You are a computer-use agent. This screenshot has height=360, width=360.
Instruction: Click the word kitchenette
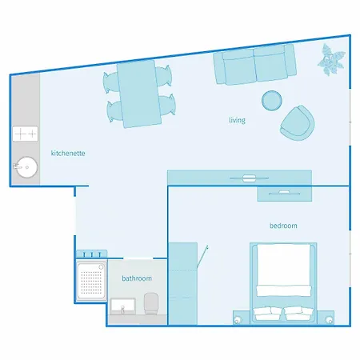[x=68, y=154]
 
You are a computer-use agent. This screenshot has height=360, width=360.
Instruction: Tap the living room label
[x=237, y=120]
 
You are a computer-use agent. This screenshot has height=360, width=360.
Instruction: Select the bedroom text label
[x=283, y=226]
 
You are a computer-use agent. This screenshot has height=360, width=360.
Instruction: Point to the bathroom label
[x=137, y=278]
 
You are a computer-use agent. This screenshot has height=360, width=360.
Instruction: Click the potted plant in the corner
[x=330, y=60]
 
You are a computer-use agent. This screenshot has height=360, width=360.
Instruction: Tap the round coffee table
[x=272, y=100]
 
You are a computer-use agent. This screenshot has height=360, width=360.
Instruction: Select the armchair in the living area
[x=298, y=123]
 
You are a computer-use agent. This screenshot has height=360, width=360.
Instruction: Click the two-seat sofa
[x=254, y=65]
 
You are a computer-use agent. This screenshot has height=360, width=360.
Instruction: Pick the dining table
[x=139, y=94]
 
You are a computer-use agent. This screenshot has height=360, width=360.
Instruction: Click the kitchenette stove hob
[x=26, y=134]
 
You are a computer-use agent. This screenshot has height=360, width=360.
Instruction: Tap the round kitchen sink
[x=26, y=167]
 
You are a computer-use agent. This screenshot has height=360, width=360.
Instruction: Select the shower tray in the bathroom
[x=91, y=282]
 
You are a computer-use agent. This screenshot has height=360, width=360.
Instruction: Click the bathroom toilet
[x=150, y=304]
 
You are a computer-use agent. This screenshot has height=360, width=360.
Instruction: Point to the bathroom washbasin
[x=123, y=306]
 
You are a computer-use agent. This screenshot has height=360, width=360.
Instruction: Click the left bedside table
[x=242, y=318]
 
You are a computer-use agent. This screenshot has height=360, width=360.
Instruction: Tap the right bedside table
[x=326, y=318]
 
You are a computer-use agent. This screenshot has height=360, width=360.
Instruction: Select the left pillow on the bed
[x=266, y=314]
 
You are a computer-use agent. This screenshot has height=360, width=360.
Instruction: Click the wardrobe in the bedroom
[x=183, y=284]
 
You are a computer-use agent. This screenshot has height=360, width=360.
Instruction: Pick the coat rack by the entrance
[x=91, y=254]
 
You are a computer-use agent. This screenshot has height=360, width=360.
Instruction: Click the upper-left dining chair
[x=110, y=82]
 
